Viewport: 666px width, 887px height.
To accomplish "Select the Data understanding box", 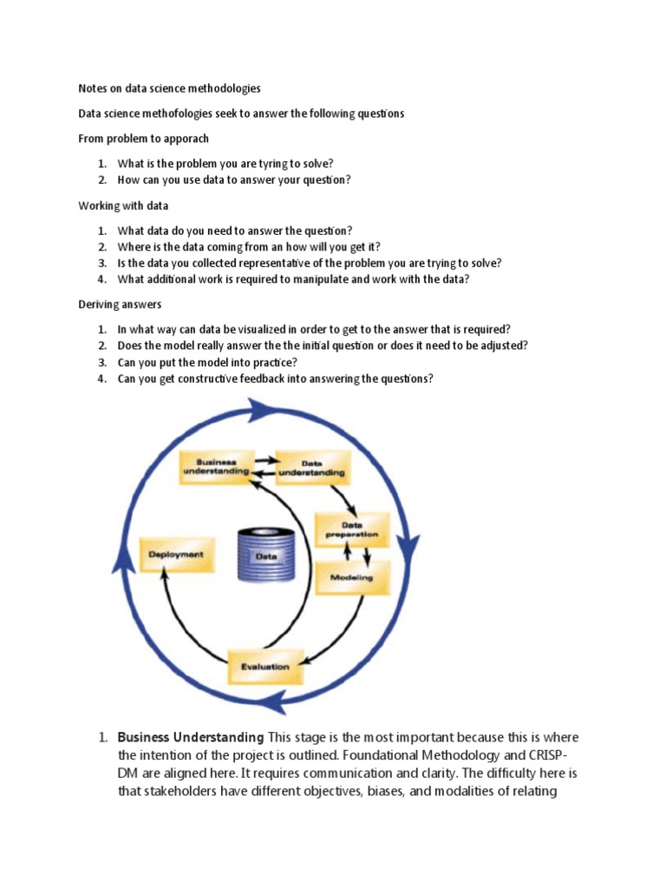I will (312, 469).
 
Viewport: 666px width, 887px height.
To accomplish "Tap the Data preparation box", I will (351, 529).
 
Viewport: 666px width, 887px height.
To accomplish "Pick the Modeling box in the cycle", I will (351, 577).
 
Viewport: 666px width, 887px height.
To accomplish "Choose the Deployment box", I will (176, 554).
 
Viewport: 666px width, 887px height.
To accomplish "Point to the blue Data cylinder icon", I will (265, 557).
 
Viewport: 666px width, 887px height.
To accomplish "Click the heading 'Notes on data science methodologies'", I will (169, 88).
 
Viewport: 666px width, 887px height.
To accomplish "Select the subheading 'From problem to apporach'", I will (143, 139).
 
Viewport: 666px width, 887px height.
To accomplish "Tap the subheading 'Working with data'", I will (123, 206).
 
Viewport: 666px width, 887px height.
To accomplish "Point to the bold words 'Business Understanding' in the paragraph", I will (190, 737).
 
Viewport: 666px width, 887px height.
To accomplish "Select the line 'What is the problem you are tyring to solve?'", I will (225, 164).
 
